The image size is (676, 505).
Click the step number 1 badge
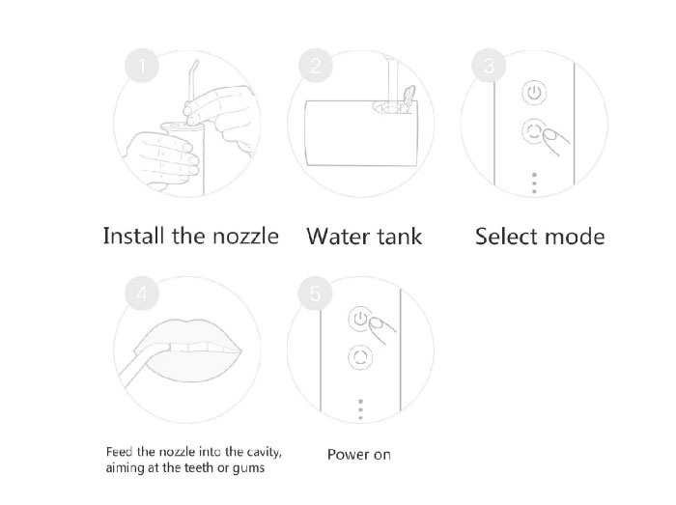point(142,66)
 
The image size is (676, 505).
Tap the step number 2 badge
point(316,66)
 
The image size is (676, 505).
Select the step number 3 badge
point(489,66)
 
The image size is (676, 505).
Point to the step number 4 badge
point(142,294)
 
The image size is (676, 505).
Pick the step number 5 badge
point(315,294)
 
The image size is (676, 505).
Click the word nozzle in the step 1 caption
point(245,237)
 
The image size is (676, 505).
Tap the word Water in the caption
point(338,237)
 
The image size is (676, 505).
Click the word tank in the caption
point(400,237)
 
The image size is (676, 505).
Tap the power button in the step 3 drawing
point(535,93)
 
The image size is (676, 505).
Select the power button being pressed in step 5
point(360,319)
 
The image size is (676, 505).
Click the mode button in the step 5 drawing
point(360,357)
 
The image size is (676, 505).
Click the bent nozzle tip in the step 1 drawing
point(195,68)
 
